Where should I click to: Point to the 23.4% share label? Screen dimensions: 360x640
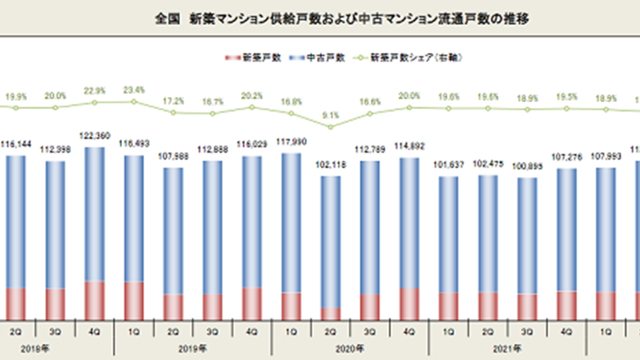tap(134, 90)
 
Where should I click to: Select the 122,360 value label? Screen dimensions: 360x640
tap(95, 137)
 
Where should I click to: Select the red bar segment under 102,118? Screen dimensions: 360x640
tap(331, 314)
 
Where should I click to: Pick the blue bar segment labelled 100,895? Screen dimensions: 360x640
tap(527, 235)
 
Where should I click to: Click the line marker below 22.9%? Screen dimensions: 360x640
tap(95, 102)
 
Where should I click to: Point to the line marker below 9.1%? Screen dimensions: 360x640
tap(331, 127)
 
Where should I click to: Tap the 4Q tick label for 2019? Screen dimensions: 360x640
tap(252, 331)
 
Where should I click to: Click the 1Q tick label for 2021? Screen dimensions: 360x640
tap(449, 331)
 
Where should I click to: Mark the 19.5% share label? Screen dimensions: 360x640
tap(566, 97)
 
